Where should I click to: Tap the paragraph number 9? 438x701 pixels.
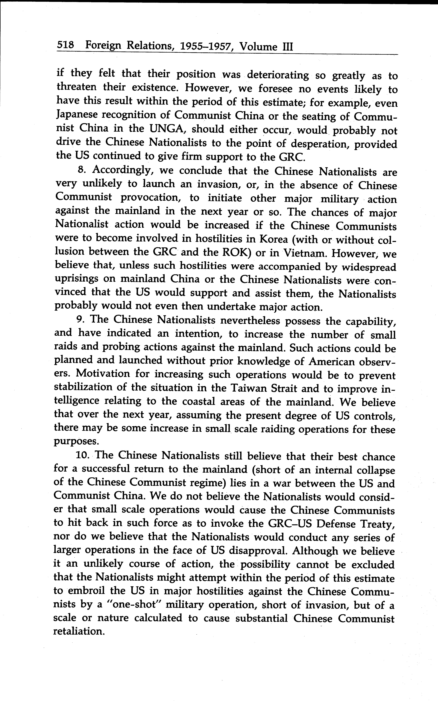(81, 319)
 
